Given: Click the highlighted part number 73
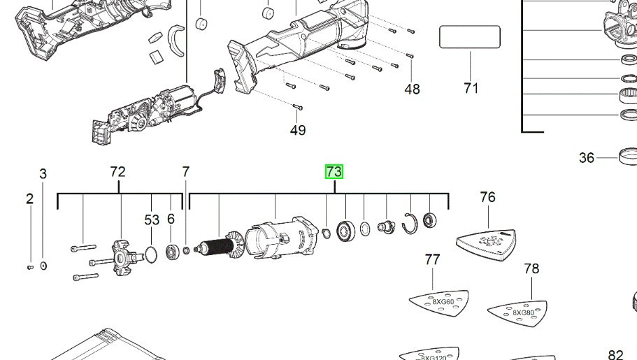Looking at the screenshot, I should coord(334,172).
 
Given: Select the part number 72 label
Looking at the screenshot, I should coord(117,172).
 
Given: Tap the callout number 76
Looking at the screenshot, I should coord(487,197).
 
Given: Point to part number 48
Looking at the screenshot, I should coord(412,89).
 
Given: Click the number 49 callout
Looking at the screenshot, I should coord(298,130).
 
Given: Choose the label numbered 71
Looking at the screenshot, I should coord(471,88).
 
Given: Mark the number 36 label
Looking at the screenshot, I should coord(587,158).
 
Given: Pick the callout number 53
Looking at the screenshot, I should coord(152,219).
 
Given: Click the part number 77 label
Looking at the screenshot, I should coord(433,260).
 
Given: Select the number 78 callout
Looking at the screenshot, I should coord(531,268).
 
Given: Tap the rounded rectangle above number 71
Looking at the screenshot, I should coord(470,37).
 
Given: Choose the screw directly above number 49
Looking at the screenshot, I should coord(296,106).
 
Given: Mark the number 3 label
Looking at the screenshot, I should coord(43,173).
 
